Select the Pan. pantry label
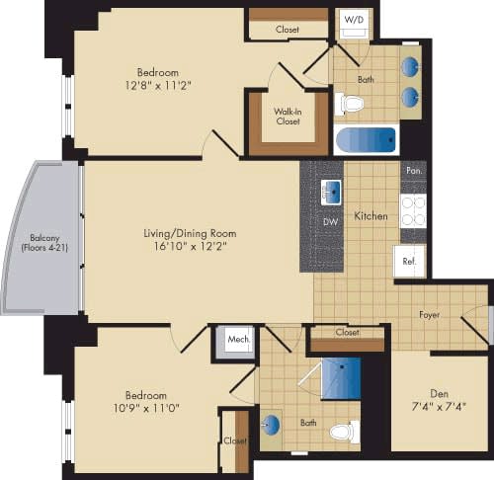413,171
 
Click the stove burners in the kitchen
412,209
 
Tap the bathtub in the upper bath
366,139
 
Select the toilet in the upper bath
350,102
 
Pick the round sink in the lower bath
272,425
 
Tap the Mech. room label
238,339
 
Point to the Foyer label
429,315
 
